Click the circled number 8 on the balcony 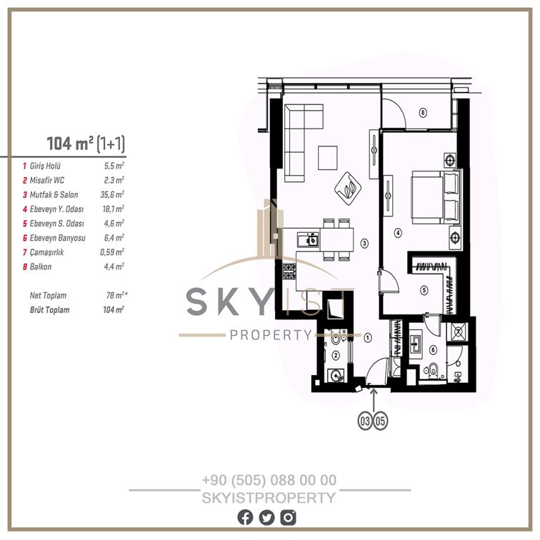[423, 112]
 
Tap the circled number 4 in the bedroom [398, 233]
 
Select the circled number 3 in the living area [364, 244]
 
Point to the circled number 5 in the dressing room [424, 290]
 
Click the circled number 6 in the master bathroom [434, 350]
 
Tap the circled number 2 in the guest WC [336, 356]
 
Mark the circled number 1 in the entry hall [368, 337]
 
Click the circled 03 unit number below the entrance [365, 421]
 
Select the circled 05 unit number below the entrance [380, 421]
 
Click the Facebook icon [245, 518]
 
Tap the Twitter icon [267, 518]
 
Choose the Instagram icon [289, 518]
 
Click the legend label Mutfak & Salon [54, 195]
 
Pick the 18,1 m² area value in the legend [114, 209]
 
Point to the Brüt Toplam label [49, 310]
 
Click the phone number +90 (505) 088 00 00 [269, 480]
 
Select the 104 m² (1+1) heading [86, 144]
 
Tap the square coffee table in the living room [328, 158]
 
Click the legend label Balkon [41, 267]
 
